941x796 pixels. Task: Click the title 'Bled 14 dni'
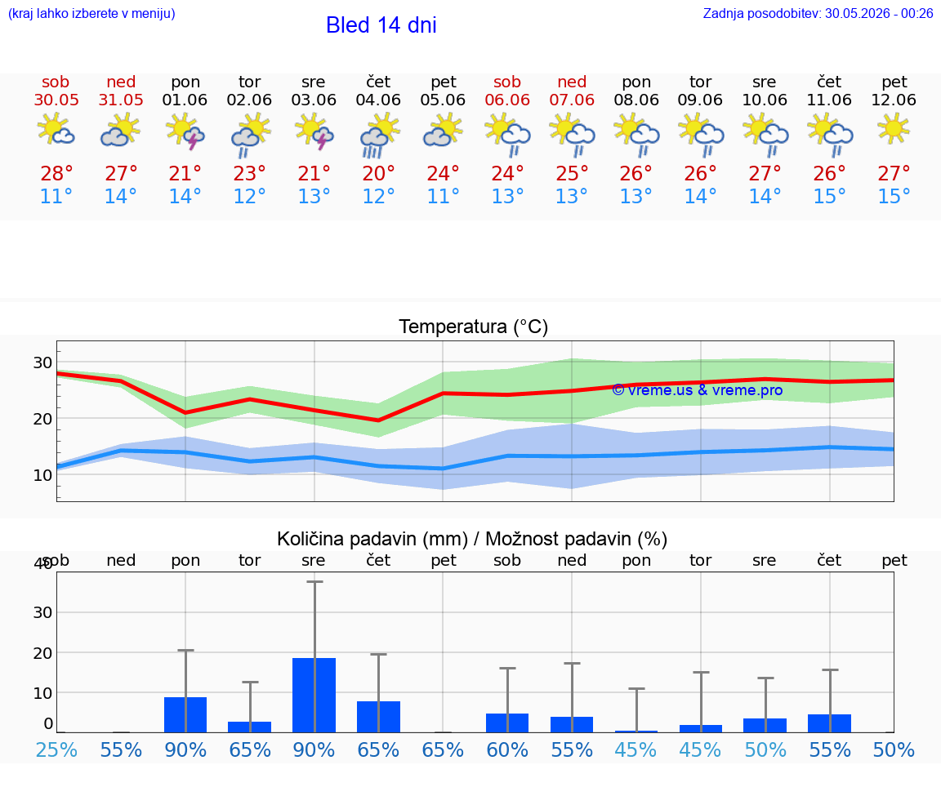point(381,25)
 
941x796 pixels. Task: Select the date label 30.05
point(56,100)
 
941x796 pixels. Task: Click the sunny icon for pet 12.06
point(894,128)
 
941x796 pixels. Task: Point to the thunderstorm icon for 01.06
point(185,131)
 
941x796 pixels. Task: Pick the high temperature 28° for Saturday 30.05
point(56,173)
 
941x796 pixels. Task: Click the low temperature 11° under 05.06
point(443,196)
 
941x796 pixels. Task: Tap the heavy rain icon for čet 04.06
point(379,135)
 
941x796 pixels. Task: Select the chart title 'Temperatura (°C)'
point(474,327)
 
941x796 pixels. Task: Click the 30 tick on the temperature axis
point(42,362)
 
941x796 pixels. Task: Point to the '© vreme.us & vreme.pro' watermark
point(698,390)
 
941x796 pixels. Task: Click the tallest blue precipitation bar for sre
point(314,696)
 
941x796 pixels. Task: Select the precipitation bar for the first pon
point(185,714)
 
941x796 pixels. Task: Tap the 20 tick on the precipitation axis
point(42,653)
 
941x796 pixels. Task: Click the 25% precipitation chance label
point(56,749)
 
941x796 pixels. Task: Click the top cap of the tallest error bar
point(314,581)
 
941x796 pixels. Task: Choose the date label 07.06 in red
point(572,100)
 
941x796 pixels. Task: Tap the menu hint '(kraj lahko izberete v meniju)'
point(91,13)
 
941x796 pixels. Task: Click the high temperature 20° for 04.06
point(379,173)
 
